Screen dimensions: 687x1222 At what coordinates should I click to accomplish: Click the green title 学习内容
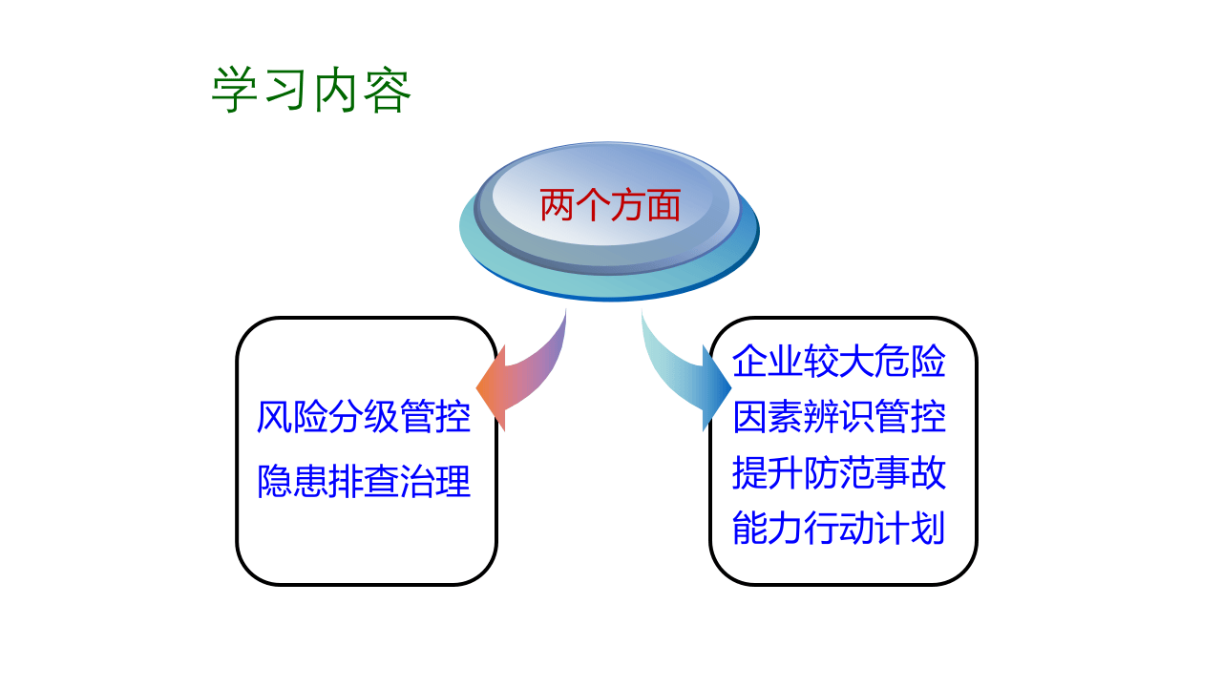click(311, 92)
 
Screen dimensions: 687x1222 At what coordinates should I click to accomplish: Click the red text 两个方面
click(610, 205)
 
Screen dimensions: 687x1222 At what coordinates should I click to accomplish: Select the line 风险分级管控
click(364, 418)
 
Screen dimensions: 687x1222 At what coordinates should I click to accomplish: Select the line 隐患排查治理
click(364, 482)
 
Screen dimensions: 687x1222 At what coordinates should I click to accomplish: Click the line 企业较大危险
click(839, 363)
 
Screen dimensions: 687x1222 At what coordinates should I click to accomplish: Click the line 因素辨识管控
click(839, 418)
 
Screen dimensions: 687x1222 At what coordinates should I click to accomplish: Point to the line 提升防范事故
click(839, 473)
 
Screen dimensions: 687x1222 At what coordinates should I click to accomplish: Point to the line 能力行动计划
click(839, 529)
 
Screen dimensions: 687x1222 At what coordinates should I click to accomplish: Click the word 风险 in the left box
click(292, 418)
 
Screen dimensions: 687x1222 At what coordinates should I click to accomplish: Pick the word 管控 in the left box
click(435, 418)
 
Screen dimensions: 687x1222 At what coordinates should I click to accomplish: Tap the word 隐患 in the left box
click(292, 482)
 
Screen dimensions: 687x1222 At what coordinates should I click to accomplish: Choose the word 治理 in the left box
click(435, 482)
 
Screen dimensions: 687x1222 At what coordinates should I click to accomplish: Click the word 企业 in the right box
click(768, 363)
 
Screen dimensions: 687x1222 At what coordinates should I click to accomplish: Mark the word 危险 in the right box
click(911, 363)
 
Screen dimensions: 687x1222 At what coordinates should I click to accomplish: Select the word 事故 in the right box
click(911, 473)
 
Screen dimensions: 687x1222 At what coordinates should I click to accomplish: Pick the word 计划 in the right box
click(911, 529)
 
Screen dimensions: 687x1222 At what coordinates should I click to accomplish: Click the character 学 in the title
click(235, 92)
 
